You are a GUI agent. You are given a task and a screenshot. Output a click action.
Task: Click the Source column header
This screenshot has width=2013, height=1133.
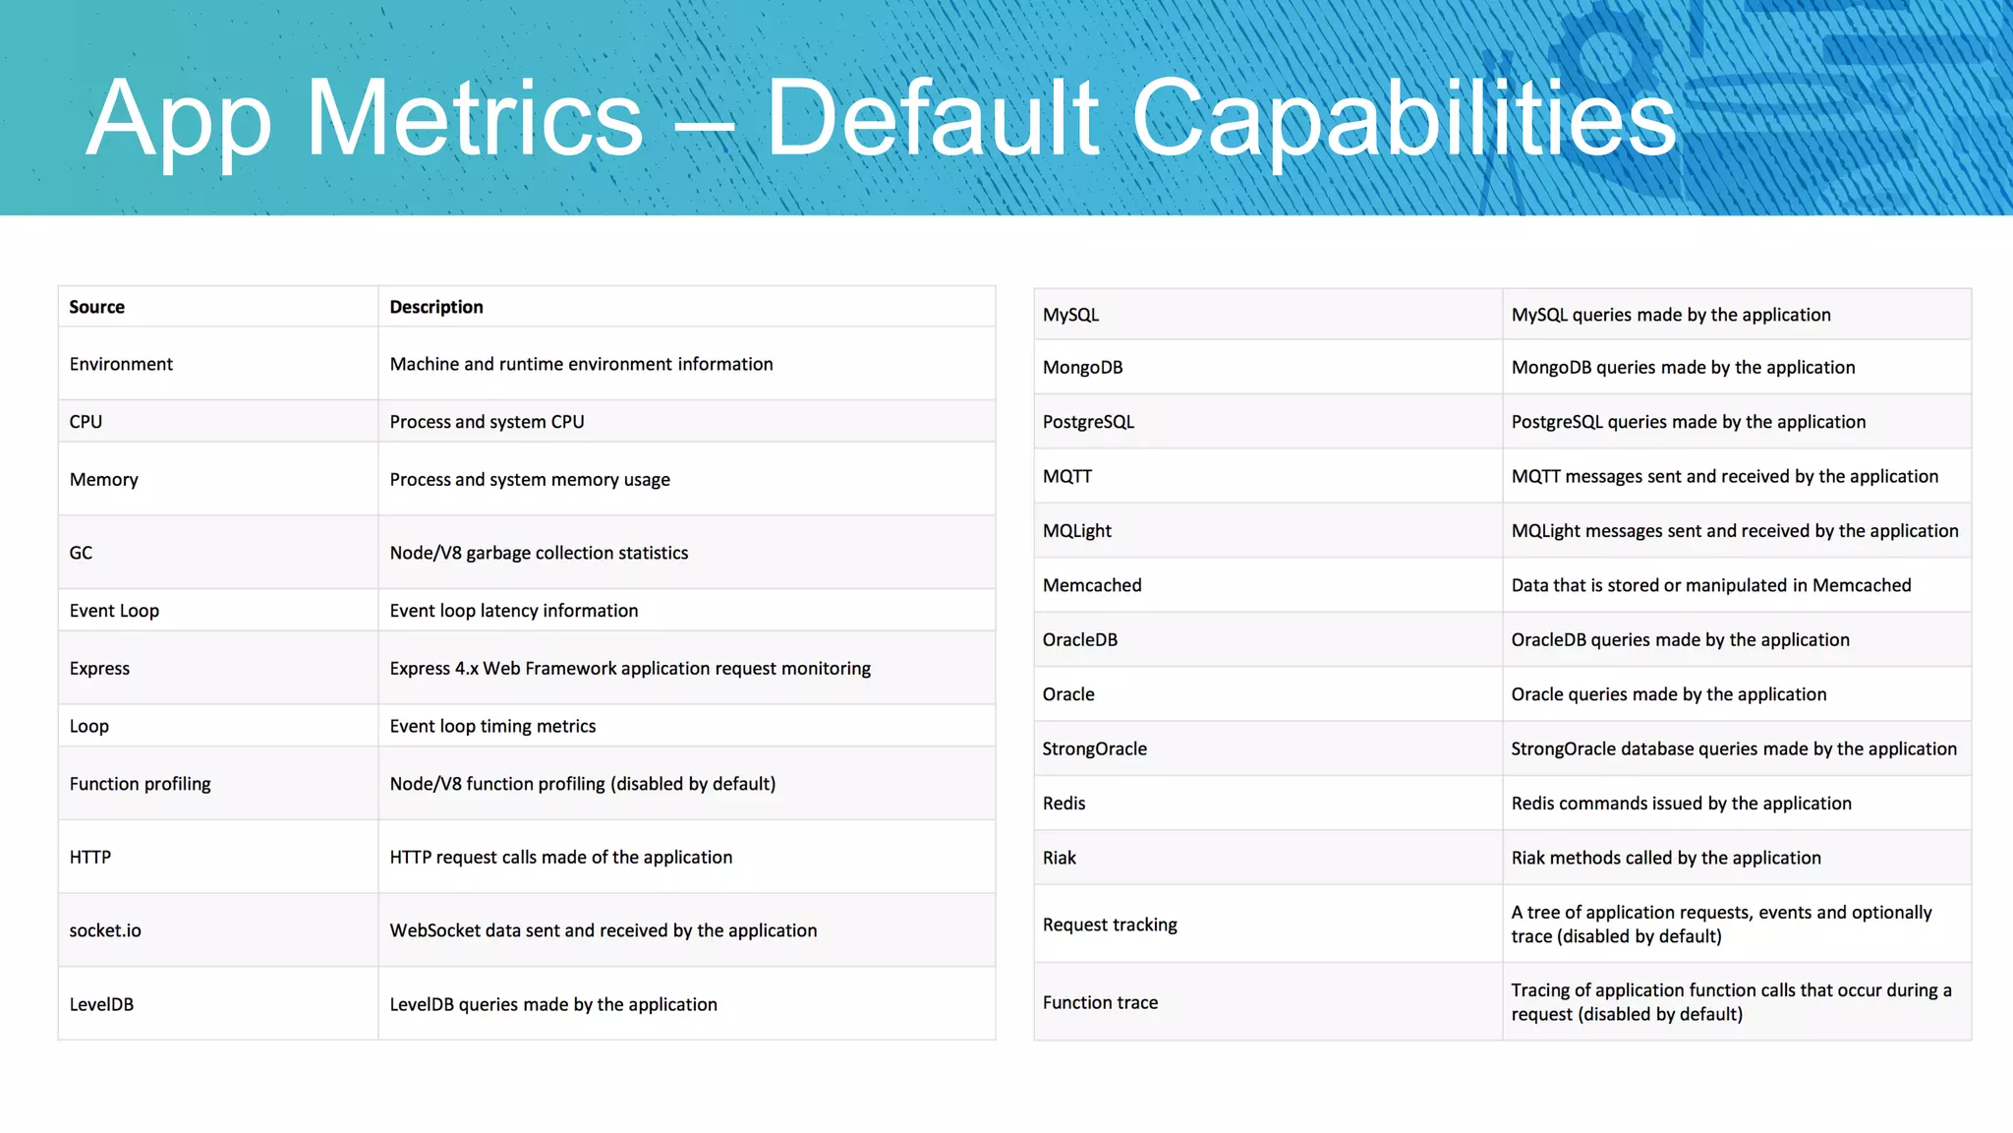pos(96,307)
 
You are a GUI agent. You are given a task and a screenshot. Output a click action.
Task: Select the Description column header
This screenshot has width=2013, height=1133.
pos(436,307)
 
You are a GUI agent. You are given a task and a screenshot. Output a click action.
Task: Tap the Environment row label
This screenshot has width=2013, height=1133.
pos(121,364)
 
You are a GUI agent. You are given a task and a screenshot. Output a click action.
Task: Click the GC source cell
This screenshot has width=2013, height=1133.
pos(81,553)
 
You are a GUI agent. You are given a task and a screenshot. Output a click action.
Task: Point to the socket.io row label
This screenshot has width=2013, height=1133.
pos(105,930)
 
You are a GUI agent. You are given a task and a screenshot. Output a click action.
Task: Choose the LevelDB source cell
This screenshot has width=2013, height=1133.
pos(101,1004)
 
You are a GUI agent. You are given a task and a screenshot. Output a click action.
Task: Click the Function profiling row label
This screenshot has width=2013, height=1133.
pos(140,784)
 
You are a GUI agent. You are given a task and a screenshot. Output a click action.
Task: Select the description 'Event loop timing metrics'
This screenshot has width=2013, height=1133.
pos(492,726)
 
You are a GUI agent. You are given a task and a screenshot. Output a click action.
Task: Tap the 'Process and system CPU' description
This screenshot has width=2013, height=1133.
pos(487,422)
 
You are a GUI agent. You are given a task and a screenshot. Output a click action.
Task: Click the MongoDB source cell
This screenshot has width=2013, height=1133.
pos(1082,368)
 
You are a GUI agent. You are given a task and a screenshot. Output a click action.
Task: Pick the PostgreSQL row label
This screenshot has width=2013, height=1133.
pos(1088,422)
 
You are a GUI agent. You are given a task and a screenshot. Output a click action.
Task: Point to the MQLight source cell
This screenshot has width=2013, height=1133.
pos(1076,531)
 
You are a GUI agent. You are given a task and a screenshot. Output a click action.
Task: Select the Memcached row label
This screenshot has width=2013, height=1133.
pos(1092,585)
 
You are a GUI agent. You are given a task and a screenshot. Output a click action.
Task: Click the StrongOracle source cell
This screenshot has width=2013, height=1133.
pos(1094,748)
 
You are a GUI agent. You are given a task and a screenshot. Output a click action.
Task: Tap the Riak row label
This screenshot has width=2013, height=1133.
pos(1059,858)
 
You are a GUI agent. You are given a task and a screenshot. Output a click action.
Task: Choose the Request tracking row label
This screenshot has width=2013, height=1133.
pos(1110,924)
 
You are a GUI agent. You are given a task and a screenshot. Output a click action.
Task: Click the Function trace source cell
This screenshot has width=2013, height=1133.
pos(1100,1002)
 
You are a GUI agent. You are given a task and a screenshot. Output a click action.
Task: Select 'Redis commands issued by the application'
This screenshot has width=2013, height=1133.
pos(1681,804)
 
